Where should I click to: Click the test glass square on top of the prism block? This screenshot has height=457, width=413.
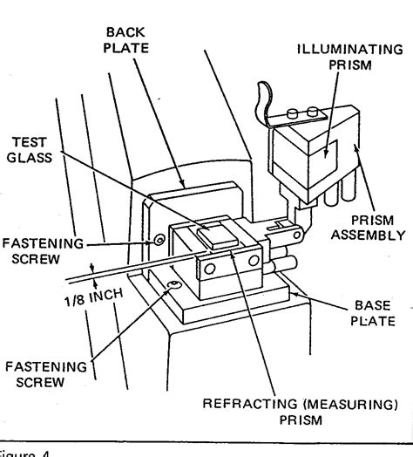pos(215,232)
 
